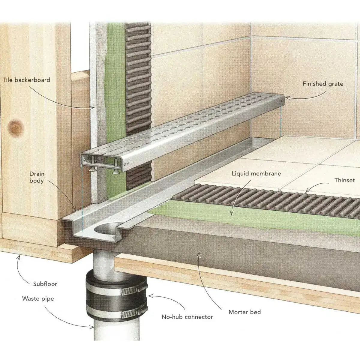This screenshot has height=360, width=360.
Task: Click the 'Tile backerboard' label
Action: click(x=26, y=80)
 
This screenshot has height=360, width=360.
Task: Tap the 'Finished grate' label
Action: click(x=322, y=84)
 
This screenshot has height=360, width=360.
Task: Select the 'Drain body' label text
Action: click(x=37, y=177)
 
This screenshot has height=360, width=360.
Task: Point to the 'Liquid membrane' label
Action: click(x=256, y=173)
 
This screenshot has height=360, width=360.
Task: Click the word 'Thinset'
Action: click(x=344, y=180)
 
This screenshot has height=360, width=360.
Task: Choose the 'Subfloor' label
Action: click(x=45, y=284)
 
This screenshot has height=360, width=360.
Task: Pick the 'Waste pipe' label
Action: click(x=38, y=299)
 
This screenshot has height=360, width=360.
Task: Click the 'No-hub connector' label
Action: click(x=187, y=317)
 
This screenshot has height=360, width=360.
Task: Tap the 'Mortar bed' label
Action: click(x=244, y=312)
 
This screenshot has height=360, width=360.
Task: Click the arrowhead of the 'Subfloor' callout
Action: click(x=19, y=256)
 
